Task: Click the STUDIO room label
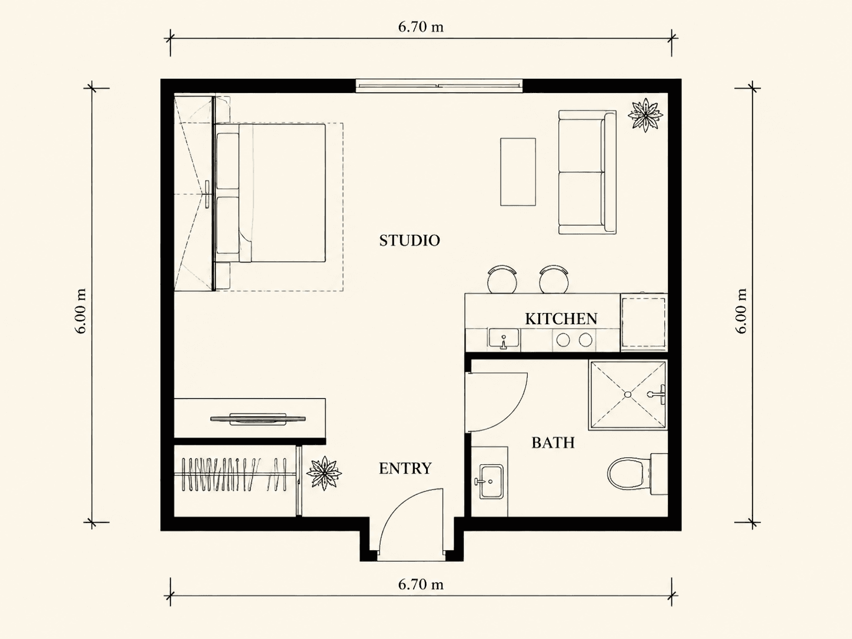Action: click(x=410, y=241)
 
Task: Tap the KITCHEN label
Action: click(x=561, y=319)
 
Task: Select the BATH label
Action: click(x=553, y=442)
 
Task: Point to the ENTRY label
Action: click(x=405, y=469)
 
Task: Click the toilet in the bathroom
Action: click(x=637, y=474)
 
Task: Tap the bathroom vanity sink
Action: click(x=490, y=481)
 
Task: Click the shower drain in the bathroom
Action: click(x=628, y=395)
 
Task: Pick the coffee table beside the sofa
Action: click(x=518, y=172)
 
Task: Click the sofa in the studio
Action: click(x=587, y=172)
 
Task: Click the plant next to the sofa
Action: click(x=645, y=115)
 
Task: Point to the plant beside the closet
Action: click(x=324, y=473)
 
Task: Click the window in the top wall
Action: click(x=439, y=86)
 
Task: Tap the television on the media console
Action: click(x=258, y=419)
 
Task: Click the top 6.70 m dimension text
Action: click(x=421, y=27)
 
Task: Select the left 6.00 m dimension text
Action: click(x=81, y=311)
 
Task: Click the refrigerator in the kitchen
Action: click(x=644, y=323)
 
